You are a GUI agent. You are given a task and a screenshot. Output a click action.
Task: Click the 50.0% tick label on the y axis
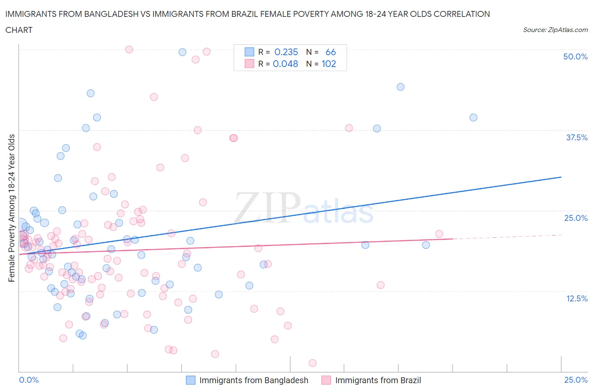coord(575,56)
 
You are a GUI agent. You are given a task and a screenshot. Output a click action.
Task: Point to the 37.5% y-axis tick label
coord(576,137)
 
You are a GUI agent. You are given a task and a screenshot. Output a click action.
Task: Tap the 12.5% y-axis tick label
coord(576,298)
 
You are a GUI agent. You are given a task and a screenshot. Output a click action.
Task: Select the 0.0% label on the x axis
coord(29,380)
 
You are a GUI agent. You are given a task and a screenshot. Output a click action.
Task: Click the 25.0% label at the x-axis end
coord(576,380)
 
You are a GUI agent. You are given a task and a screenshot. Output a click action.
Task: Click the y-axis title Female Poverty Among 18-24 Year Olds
coord(11,208)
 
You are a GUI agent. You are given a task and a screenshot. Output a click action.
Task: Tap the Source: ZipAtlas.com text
coord(555,30)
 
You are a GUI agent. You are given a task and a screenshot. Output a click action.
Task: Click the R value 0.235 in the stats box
coord(286,52)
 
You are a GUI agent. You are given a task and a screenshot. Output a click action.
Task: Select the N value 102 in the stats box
coord(329,64)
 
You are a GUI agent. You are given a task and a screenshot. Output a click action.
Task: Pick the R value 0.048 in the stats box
coord(286,64)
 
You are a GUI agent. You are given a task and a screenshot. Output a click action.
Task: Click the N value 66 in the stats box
coord(331,52)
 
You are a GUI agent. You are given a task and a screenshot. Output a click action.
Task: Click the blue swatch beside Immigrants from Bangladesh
coord(191,380)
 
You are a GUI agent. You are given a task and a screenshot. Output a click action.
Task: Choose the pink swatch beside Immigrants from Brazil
coord(326,380)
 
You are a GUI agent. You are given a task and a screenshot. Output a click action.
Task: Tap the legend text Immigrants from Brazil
coord(378,380)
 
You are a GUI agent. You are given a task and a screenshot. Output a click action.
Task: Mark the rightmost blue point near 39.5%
coord(473,118)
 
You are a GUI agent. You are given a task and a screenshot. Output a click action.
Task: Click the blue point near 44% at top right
coord(401,87)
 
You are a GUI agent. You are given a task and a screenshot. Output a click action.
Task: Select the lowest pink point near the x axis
coord(313,363)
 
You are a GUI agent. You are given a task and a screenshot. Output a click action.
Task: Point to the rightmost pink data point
coord(439,234)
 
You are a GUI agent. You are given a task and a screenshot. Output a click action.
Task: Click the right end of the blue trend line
coord(561,177)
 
